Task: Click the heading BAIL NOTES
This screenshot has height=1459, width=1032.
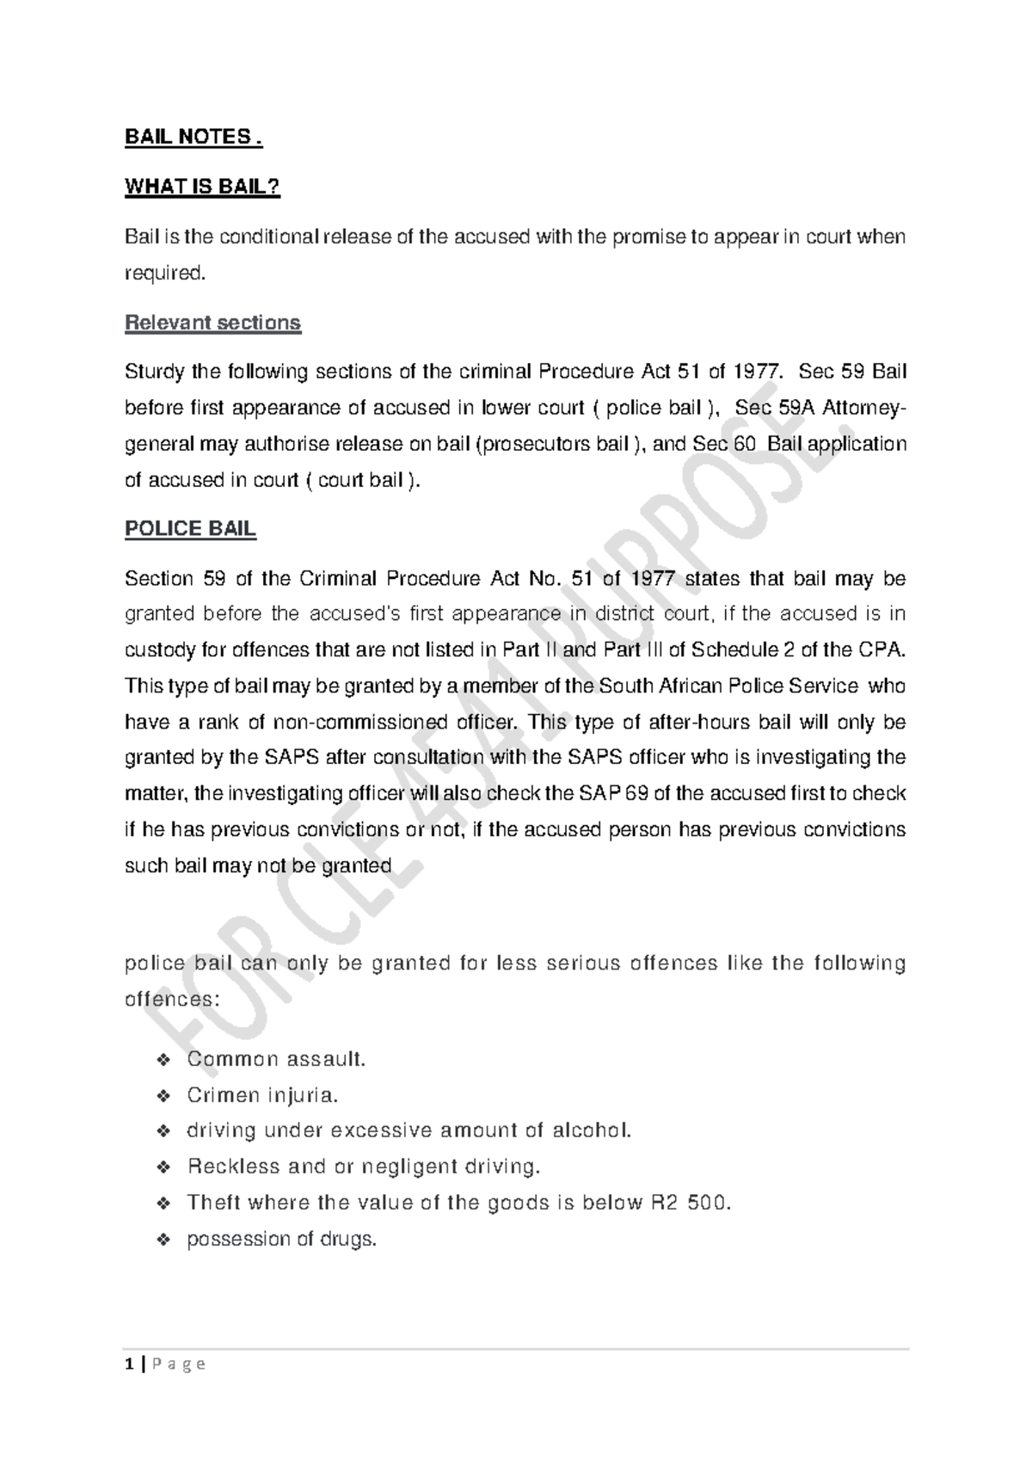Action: [193, 138]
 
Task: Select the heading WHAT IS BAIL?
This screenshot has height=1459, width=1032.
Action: [203, 187]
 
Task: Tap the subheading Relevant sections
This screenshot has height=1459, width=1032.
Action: [212, 323]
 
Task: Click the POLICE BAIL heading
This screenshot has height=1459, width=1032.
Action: [190, 528]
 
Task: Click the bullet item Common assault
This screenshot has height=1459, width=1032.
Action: [276, 1059]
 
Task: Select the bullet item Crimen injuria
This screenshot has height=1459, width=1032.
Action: [263, 1095]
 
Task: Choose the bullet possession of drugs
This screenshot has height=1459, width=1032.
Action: [282, 1239]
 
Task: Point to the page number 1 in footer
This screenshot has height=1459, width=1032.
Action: [129, 1364]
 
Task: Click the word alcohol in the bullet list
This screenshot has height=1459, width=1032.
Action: [591, 1130]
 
